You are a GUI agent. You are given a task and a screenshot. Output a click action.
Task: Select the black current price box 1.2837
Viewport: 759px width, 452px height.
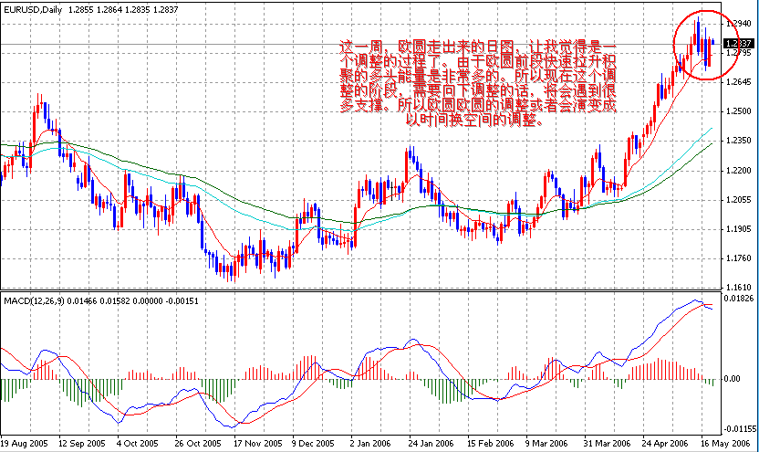[x=739, y=43]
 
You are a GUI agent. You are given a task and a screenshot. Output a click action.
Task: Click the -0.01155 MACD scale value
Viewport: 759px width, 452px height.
[x=739, y=427]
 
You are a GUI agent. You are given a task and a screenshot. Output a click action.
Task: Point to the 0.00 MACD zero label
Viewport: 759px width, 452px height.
[x=733, y=378]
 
